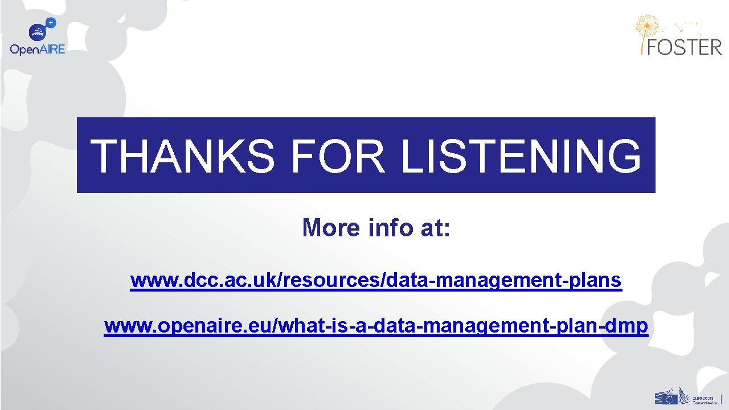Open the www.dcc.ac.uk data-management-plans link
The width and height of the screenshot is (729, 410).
(376, 281)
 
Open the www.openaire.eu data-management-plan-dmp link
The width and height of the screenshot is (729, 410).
(376, 326)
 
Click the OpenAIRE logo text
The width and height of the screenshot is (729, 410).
(38, 50)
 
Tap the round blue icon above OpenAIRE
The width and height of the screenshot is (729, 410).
(38, 32)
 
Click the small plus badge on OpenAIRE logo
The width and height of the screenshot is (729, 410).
(51, 23)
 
